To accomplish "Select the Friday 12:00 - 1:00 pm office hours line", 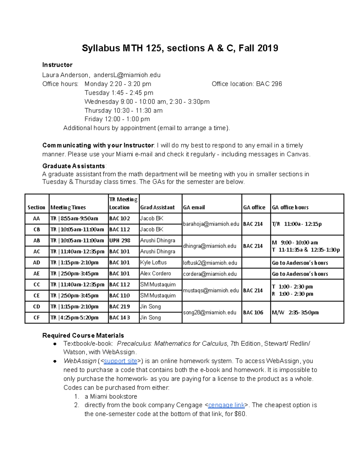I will pos(117,119).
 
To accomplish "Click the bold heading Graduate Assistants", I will pos(73,166).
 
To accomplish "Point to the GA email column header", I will pos(194,207).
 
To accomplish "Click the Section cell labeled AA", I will pos(37,218).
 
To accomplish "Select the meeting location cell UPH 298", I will pos(120,240).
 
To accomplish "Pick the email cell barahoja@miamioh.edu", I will pos(211,224).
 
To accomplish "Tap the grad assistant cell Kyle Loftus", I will pos(153,262).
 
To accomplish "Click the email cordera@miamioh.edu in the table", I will pos(210,274).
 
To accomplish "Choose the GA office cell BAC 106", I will pos(253,312).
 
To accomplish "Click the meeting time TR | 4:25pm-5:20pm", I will pos(74,317).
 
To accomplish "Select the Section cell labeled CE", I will pos(37,296).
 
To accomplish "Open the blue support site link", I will pos(120,361).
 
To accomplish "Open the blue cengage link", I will pos(226,405).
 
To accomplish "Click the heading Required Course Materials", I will pos(83,335).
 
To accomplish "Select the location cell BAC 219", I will pos(119,306).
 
